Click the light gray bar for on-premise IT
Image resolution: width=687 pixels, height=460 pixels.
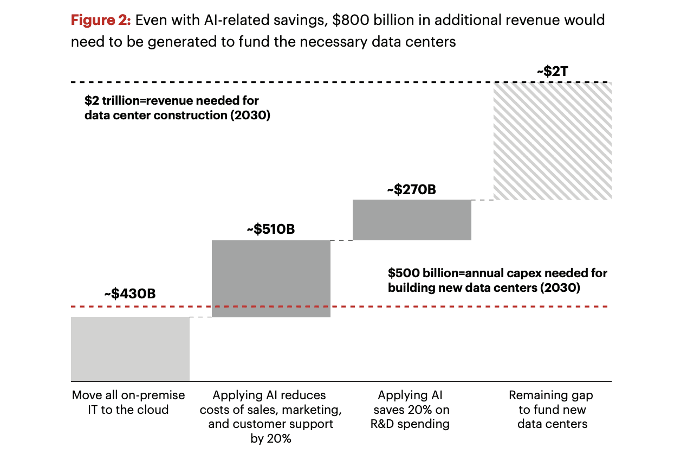point(130,349)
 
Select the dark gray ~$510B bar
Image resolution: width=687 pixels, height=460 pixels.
point(271,278)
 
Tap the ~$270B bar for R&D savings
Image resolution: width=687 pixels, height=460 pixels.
point(412,220)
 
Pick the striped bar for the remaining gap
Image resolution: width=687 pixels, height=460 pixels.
point(552,141)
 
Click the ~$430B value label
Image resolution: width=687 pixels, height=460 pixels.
point(130,294)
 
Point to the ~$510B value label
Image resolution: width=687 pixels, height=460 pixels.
point(270,229)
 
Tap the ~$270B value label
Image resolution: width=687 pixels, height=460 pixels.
point(411,189)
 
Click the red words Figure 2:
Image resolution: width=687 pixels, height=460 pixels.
point(101,21)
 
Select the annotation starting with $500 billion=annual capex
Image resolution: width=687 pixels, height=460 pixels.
point(497,280)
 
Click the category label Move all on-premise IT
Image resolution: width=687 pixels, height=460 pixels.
point(128,403)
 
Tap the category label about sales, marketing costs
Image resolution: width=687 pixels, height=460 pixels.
point(270,417)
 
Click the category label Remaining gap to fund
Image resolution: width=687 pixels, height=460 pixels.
point(552,410)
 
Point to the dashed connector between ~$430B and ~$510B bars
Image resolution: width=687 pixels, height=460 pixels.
point(200,317)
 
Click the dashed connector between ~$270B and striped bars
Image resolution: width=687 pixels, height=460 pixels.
point(482,200)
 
